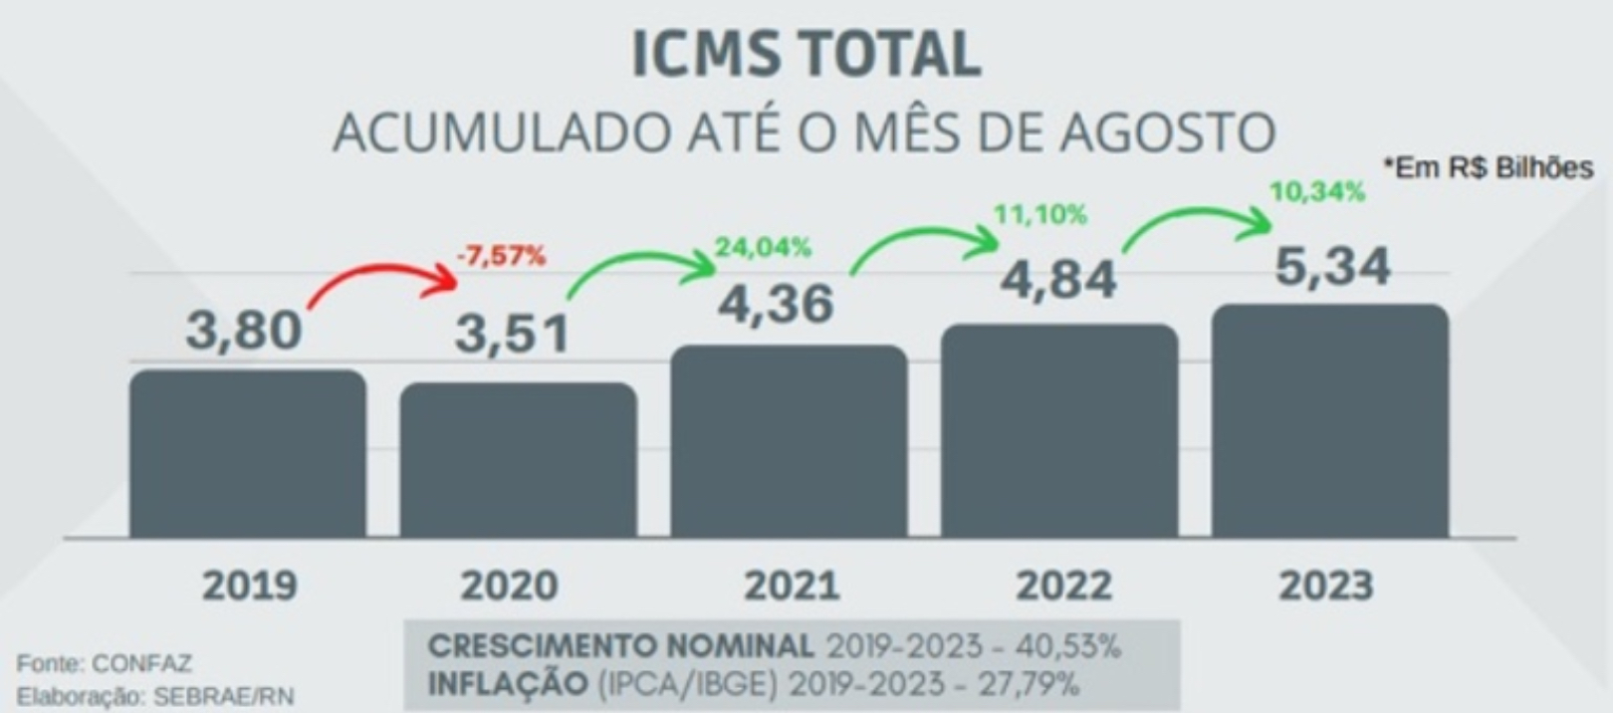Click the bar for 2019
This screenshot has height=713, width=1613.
[248, 454]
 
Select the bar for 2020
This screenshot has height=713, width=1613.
[519, 460]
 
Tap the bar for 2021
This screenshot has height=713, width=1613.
[790, 442]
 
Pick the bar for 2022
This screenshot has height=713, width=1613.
[1059, 431]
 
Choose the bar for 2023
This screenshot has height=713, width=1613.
[1330, 421]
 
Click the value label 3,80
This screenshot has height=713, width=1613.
[244, 330]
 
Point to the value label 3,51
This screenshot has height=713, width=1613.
[512, 334]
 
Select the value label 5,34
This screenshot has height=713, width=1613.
[1332, 267]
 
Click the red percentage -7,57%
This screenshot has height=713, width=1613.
[501, 257]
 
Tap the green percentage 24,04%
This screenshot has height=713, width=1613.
[763, 247]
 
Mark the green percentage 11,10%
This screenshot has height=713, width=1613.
[1040, 214]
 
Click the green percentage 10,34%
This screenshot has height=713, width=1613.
[1316, 192]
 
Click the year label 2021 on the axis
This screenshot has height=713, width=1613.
[792, 586]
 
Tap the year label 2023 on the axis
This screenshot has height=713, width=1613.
[1325, 586]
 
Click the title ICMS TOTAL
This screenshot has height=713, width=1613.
[806, 56]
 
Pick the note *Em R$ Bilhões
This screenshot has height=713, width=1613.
[1488, 168]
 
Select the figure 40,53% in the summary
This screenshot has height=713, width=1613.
[1067, 647]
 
